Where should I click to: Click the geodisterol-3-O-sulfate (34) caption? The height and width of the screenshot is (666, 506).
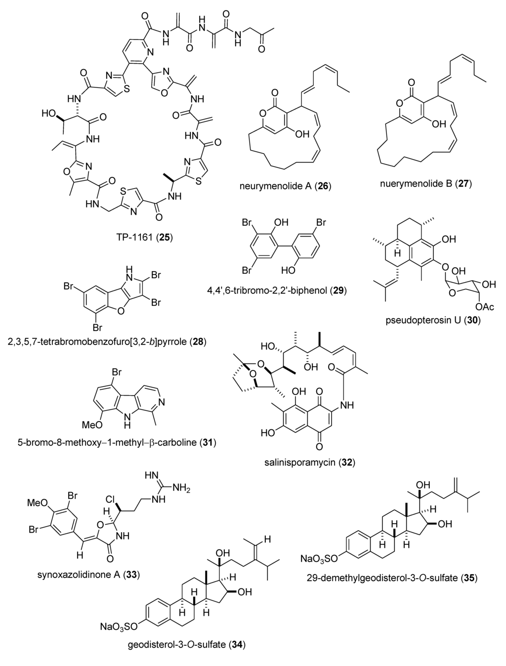(x=185, y=644)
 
